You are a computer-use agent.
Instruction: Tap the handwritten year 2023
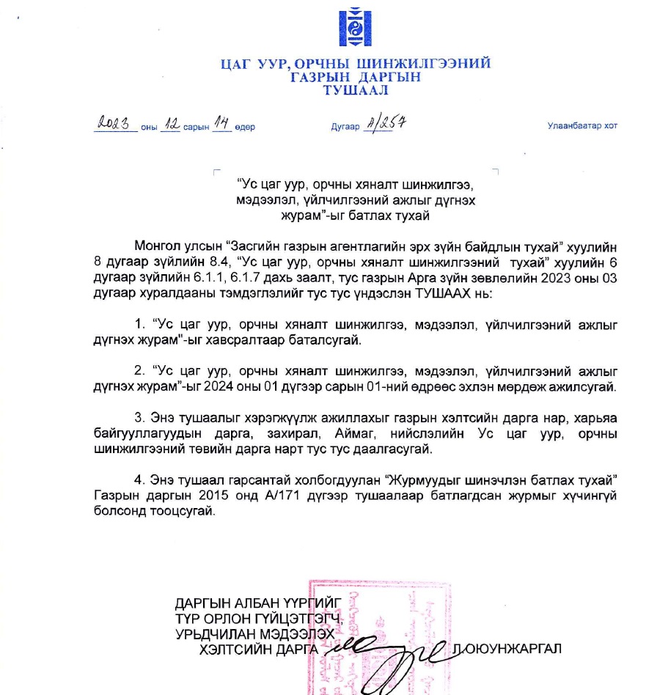click(117, 124)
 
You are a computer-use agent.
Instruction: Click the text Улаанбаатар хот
click(582, 126)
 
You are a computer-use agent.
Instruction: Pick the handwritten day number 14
click(221, 124)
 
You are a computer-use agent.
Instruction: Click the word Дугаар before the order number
click(345, 127)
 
